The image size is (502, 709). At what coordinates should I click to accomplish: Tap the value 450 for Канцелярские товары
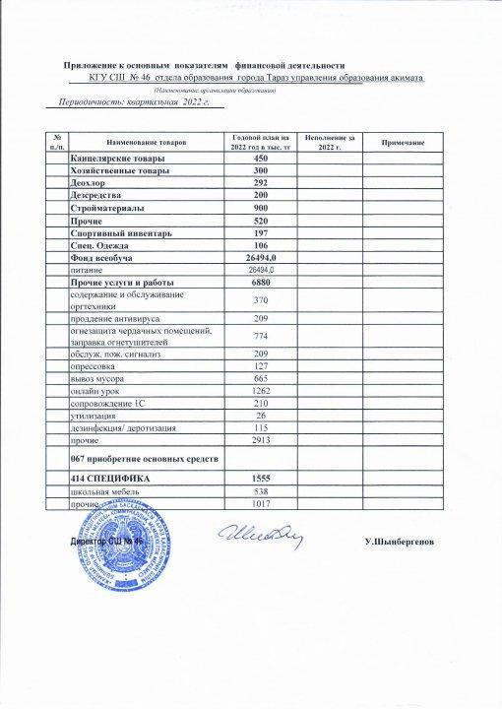[x=261, y=160]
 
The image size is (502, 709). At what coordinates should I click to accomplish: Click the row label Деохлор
[x=89, y=183]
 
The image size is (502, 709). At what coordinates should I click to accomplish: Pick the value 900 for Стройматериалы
[x=261, y=209]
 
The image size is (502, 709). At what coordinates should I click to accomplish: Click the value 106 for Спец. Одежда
[x=261, y=245]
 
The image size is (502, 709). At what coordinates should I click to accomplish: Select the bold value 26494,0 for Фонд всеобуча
[x=261, y=257]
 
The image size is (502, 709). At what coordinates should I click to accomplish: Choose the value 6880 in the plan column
[x=261, y=283]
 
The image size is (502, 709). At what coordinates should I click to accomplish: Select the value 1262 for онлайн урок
[x=261, y=391]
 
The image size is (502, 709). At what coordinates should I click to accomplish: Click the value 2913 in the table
[x=261, y=439]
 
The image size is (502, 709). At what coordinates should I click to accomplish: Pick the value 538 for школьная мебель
[x=261, y=490]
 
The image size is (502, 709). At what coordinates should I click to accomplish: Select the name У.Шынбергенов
[x=406, y=543]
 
